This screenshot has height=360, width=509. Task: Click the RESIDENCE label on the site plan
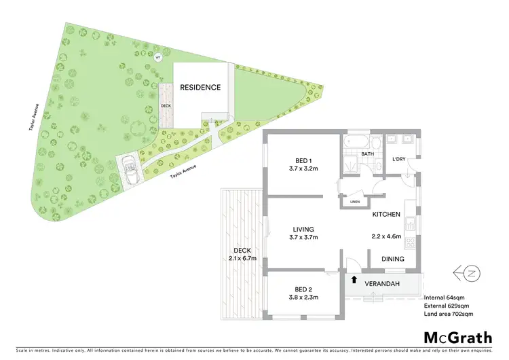pos(200,88)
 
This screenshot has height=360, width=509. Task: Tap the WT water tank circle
pos(157,57)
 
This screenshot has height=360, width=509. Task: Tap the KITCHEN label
pos(385,215)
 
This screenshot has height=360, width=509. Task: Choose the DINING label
pos(392,259)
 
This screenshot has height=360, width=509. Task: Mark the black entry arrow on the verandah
pos(353,278)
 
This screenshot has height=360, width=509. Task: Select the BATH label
pos(367,154)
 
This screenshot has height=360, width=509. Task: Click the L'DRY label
pos(400,159)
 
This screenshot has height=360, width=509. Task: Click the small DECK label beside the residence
pos(165,106)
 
